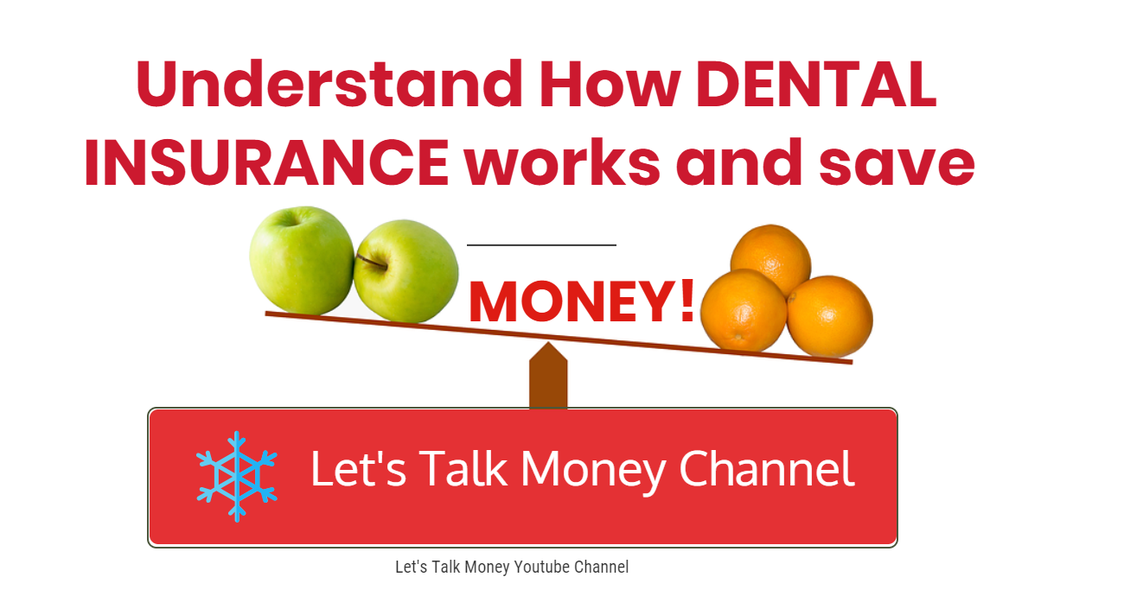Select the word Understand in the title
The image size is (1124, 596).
pyautogui.click(x=329, y=86)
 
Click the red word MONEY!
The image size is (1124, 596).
pyautogui.click(x=581, y=302)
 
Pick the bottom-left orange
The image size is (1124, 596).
pyautogui.click(x=743, y=309)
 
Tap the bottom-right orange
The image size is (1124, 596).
pyautogui.click(x=829, y=315)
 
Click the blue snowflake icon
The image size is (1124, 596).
pyautogui.click(x=236, y=477)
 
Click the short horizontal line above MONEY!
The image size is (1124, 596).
pyautogui.click(x=541, y=245)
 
